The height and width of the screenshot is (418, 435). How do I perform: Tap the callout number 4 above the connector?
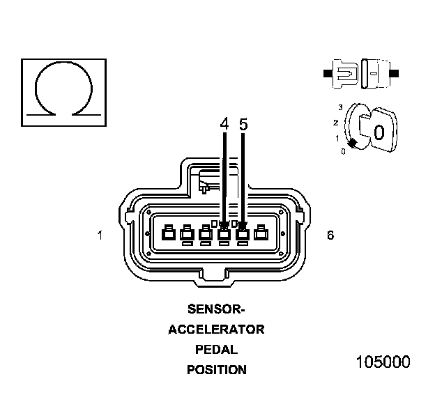tap(224, 124)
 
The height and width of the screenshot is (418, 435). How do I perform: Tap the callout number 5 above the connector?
tap(243, 124)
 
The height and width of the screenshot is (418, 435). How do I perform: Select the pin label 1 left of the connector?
tap(100, 235)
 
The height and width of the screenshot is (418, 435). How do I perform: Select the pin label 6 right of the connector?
tap(330, 235)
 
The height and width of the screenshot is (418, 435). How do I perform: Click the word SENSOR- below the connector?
tap(217, 309)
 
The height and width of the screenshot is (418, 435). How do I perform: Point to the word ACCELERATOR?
tap(217, 330)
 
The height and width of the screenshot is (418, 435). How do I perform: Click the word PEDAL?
tap(217, 350)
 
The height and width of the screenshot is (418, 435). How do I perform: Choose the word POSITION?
tap(217, 370)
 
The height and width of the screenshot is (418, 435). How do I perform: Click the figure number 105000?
tap(383, 362)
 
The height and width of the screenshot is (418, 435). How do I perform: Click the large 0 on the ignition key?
tap(379, 132)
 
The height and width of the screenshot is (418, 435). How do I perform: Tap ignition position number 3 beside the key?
tap(340, 107)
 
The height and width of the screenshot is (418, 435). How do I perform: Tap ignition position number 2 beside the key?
tap(336, 123)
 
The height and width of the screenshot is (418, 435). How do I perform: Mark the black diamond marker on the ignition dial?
tap(353, 143)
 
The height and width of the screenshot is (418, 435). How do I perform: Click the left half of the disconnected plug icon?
tap(345, 72)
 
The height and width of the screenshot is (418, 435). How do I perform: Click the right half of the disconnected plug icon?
tap(376, 72)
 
